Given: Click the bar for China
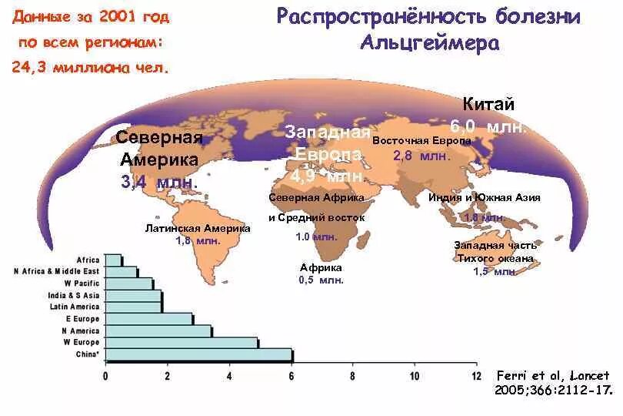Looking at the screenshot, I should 198,354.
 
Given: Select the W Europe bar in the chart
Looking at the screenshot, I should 182,342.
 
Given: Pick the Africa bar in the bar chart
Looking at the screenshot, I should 113,260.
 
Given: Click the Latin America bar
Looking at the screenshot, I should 133,307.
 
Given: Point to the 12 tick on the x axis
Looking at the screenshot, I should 476,376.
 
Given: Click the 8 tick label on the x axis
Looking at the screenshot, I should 352,376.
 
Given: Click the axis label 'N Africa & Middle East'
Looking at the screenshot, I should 57,271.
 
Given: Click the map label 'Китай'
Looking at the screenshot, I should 488,106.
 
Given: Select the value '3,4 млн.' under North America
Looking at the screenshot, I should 159,183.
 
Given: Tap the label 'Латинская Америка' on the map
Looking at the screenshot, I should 198,229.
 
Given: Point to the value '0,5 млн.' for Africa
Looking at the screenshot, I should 321,280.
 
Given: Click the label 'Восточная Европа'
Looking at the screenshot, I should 421,142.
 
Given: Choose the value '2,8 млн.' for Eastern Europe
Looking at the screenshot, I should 421,156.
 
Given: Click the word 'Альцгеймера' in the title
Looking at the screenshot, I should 429,42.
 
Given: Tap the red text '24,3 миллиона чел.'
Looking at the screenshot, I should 90,67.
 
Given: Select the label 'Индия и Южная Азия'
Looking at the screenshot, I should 484,198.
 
